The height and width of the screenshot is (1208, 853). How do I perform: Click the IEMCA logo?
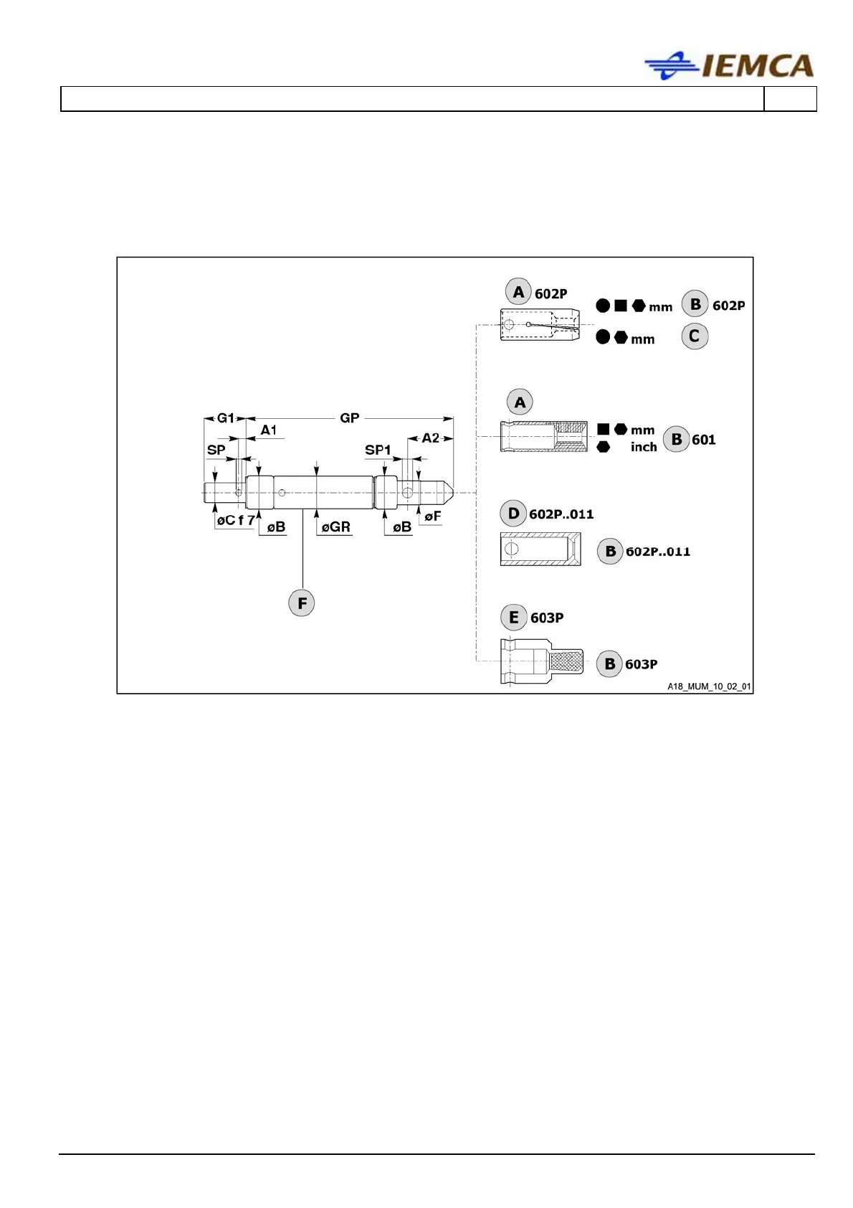pos(729,66)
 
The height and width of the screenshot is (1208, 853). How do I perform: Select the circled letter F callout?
pos(302,603)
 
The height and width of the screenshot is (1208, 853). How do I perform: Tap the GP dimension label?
pos(349,418)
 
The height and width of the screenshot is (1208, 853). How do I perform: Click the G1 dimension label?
pos(225,418)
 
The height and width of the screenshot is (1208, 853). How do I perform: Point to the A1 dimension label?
pos(269,430)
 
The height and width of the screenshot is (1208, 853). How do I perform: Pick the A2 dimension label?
pos(430,438)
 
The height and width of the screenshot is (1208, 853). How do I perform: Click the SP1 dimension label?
pos(378,450)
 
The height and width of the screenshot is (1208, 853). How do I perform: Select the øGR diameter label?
pos(335,527)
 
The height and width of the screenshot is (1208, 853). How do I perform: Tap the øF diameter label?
pos(432,516)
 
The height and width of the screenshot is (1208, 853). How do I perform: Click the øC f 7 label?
pos(235,521)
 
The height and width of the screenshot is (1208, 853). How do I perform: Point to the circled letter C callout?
pos(694,336)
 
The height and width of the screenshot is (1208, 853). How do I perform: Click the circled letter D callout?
pos(513,514)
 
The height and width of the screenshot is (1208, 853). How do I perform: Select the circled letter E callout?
pos(513,618)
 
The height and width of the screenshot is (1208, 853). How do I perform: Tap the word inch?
pos(644,447)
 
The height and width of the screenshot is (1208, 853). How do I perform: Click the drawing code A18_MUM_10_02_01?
pos(709,686)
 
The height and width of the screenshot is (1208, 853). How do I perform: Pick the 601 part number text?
pos(703,440)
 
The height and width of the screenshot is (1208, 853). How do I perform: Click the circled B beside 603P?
pos(609,664)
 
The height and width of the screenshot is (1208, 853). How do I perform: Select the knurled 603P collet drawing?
pos(542,661)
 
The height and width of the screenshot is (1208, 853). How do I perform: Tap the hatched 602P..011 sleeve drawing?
pos(540,549)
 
